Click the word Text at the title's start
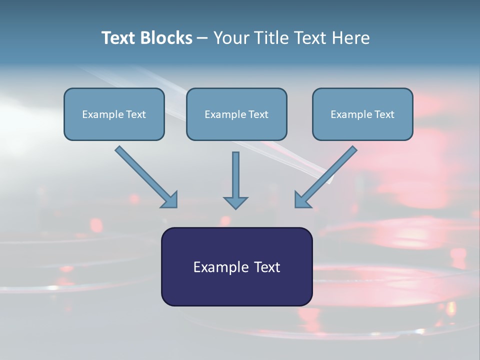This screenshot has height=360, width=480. [118, 38]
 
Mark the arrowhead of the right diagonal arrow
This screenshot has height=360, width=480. [302, 200]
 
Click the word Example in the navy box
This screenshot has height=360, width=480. [219, 267]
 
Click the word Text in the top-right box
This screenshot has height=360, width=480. [384, 114]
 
